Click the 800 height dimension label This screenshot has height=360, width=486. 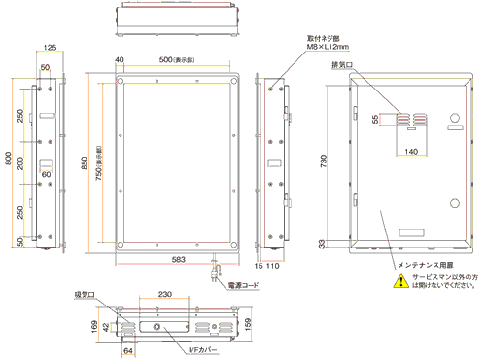click(9, 160)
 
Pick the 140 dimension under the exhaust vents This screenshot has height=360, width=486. click(411, 153)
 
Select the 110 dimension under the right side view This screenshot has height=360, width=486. click(276, 263)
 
